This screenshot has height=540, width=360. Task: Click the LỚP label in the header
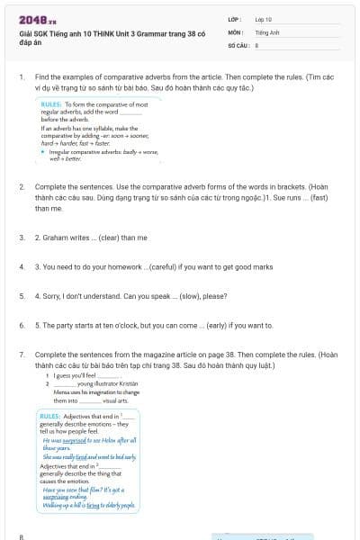pos(233,18)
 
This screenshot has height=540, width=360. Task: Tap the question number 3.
pos(22,238)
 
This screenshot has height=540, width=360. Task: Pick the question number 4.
pos(22,266)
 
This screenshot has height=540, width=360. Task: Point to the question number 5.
pos(22,295)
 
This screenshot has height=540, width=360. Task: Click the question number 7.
pos(22,355)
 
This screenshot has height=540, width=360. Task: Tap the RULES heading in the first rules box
pos(51,104)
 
